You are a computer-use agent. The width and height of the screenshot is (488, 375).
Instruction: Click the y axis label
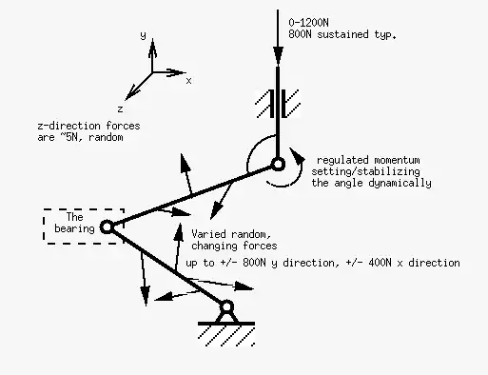[x=142, y=35]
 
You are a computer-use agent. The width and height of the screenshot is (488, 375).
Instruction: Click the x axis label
[x=188, y=81]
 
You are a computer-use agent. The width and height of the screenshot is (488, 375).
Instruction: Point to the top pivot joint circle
[x=277, y=165]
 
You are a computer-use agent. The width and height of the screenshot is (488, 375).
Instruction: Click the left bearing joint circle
[x=107, y=227]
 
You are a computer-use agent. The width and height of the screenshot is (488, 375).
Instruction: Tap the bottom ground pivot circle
[x=226, y=306]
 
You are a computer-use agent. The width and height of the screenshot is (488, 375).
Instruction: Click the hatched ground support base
[x=226, y=329]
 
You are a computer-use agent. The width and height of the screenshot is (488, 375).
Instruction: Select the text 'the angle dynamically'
[x=372, y=183]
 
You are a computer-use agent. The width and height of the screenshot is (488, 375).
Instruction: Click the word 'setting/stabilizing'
[x=364, y=171]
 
